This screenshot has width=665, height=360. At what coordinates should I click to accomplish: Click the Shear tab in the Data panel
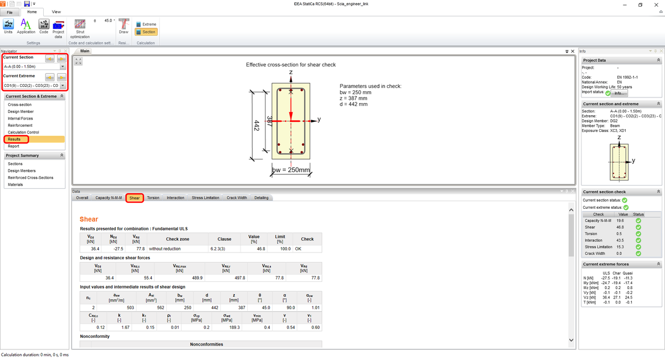point(135,198)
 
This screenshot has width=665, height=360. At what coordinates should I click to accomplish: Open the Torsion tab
point(153,198)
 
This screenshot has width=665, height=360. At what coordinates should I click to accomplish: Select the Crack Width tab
point(237,198)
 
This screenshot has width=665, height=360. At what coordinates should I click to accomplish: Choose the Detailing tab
point(261,198)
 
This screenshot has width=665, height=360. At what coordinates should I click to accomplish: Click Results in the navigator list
point(14,139)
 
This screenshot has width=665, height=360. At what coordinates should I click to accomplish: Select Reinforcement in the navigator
point(20,125)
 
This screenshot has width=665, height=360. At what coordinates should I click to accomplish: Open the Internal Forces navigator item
point(20,119)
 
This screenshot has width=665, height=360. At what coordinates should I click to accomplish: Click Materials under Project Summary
point(16,184)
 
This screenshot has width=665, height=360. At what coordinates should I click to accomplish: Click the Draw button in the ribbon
point(124,26)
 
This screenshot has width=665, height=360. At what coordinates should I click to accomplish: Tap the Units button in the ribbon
point(8,26)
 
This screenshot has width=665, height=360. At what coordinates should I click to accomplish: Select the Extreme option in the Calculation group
point(146,24)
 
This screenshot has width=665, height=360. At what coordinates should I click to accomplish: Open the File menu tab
point(9,12)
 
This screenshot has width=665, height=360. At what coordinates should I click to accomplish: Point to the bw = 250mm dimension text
point(291,169)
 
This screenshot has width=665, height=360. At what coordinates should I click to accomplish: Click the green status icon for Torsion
point(638,234)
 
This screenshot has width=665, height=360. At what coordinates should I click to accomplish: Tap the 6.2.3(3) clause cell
point(224,249)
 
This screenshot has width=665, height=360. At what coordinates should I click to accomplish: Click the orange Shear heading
point(89,219)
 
